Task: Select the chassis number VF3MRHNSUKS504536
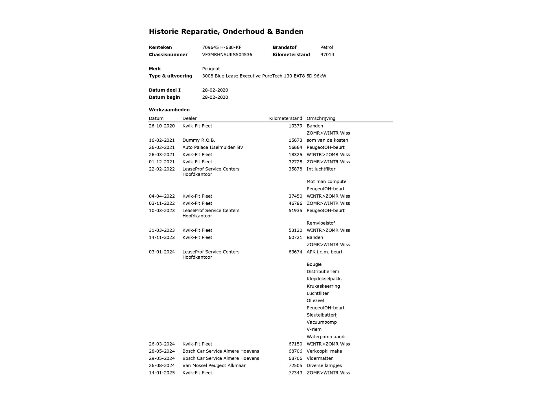(227, 55)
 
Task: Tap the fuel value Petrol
(327, 47)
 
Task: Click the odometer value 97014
(327, 55)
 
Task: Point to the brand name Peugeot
(211, 69)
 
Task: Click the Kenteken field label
(160, 47)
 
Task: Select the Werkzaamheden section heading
(169, 110)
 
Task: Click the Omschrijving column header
(321, 118)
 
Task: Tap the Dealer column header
(189, 118)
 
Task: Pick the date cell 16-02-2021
(162, 140)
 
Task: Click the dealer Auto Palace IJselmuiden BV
(213, 147)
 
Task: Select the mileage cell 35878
(295, 169)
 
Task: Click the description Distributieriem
(323, 271)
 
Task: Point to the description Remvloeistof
(321, 223)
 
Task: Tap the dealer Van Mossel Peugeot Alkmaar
(214, 365)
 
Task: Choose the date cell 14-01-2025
(162, 373)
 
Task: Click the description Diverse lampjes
(324, 365)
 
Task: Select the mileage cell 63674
(295, 252)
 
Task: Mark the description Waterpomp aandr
(326, 337)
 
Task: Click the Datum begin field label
(164, 97)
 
